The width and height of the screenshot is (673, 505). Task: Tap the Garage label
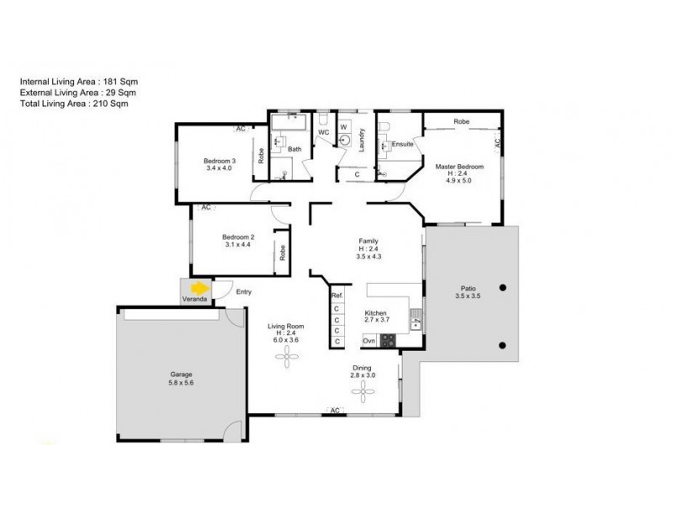pyautogui.click(x=182, y=373)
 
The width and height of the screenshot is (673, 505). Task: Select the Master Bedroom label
pyautogui.click(x=459, y=167)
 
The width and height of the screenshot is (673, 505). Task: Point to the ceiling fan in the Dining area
pyautogui.click(x=363, y=390)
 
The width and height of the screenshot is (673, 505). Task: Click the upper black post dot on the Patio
pyautogui.click(x=503, y=287)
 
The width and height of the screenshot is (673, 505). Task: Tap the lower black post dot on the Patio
pyautogui.click(x=503, y=344)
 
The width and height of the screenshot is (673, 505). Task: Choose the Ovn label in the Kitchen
pyautogui.click(x=369, y=341)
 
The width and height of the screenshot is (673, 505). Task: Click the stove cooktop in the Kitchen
pyautogui.click(x=389, y=341)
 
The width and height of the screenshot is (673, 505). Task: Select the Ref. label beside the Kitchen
pyautogui.click(x=336, y=295)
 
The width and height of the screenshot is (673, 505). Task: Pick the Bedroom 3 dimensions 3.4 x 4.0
pyautogui.click(x=218, y=168)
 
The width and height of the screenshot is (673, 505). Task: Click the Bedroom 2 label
pyautogui.click(x=238, y=237)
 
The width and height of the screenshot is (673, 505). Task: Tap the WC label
pyautogui.click(x=322, y=133)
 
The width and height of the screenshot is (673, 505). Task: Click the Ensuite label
pyautogui.click(x=402, y=144)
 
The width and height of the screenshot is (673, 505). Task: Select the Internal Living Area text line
pyautogui.click(x=78, y=80)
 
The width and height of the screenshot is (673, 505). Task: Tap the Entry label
pyautogui.click(x=244, y=292)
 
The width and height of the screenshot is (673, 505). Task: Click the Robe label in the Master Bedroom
pyautogui.click(x=462, y=122)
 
